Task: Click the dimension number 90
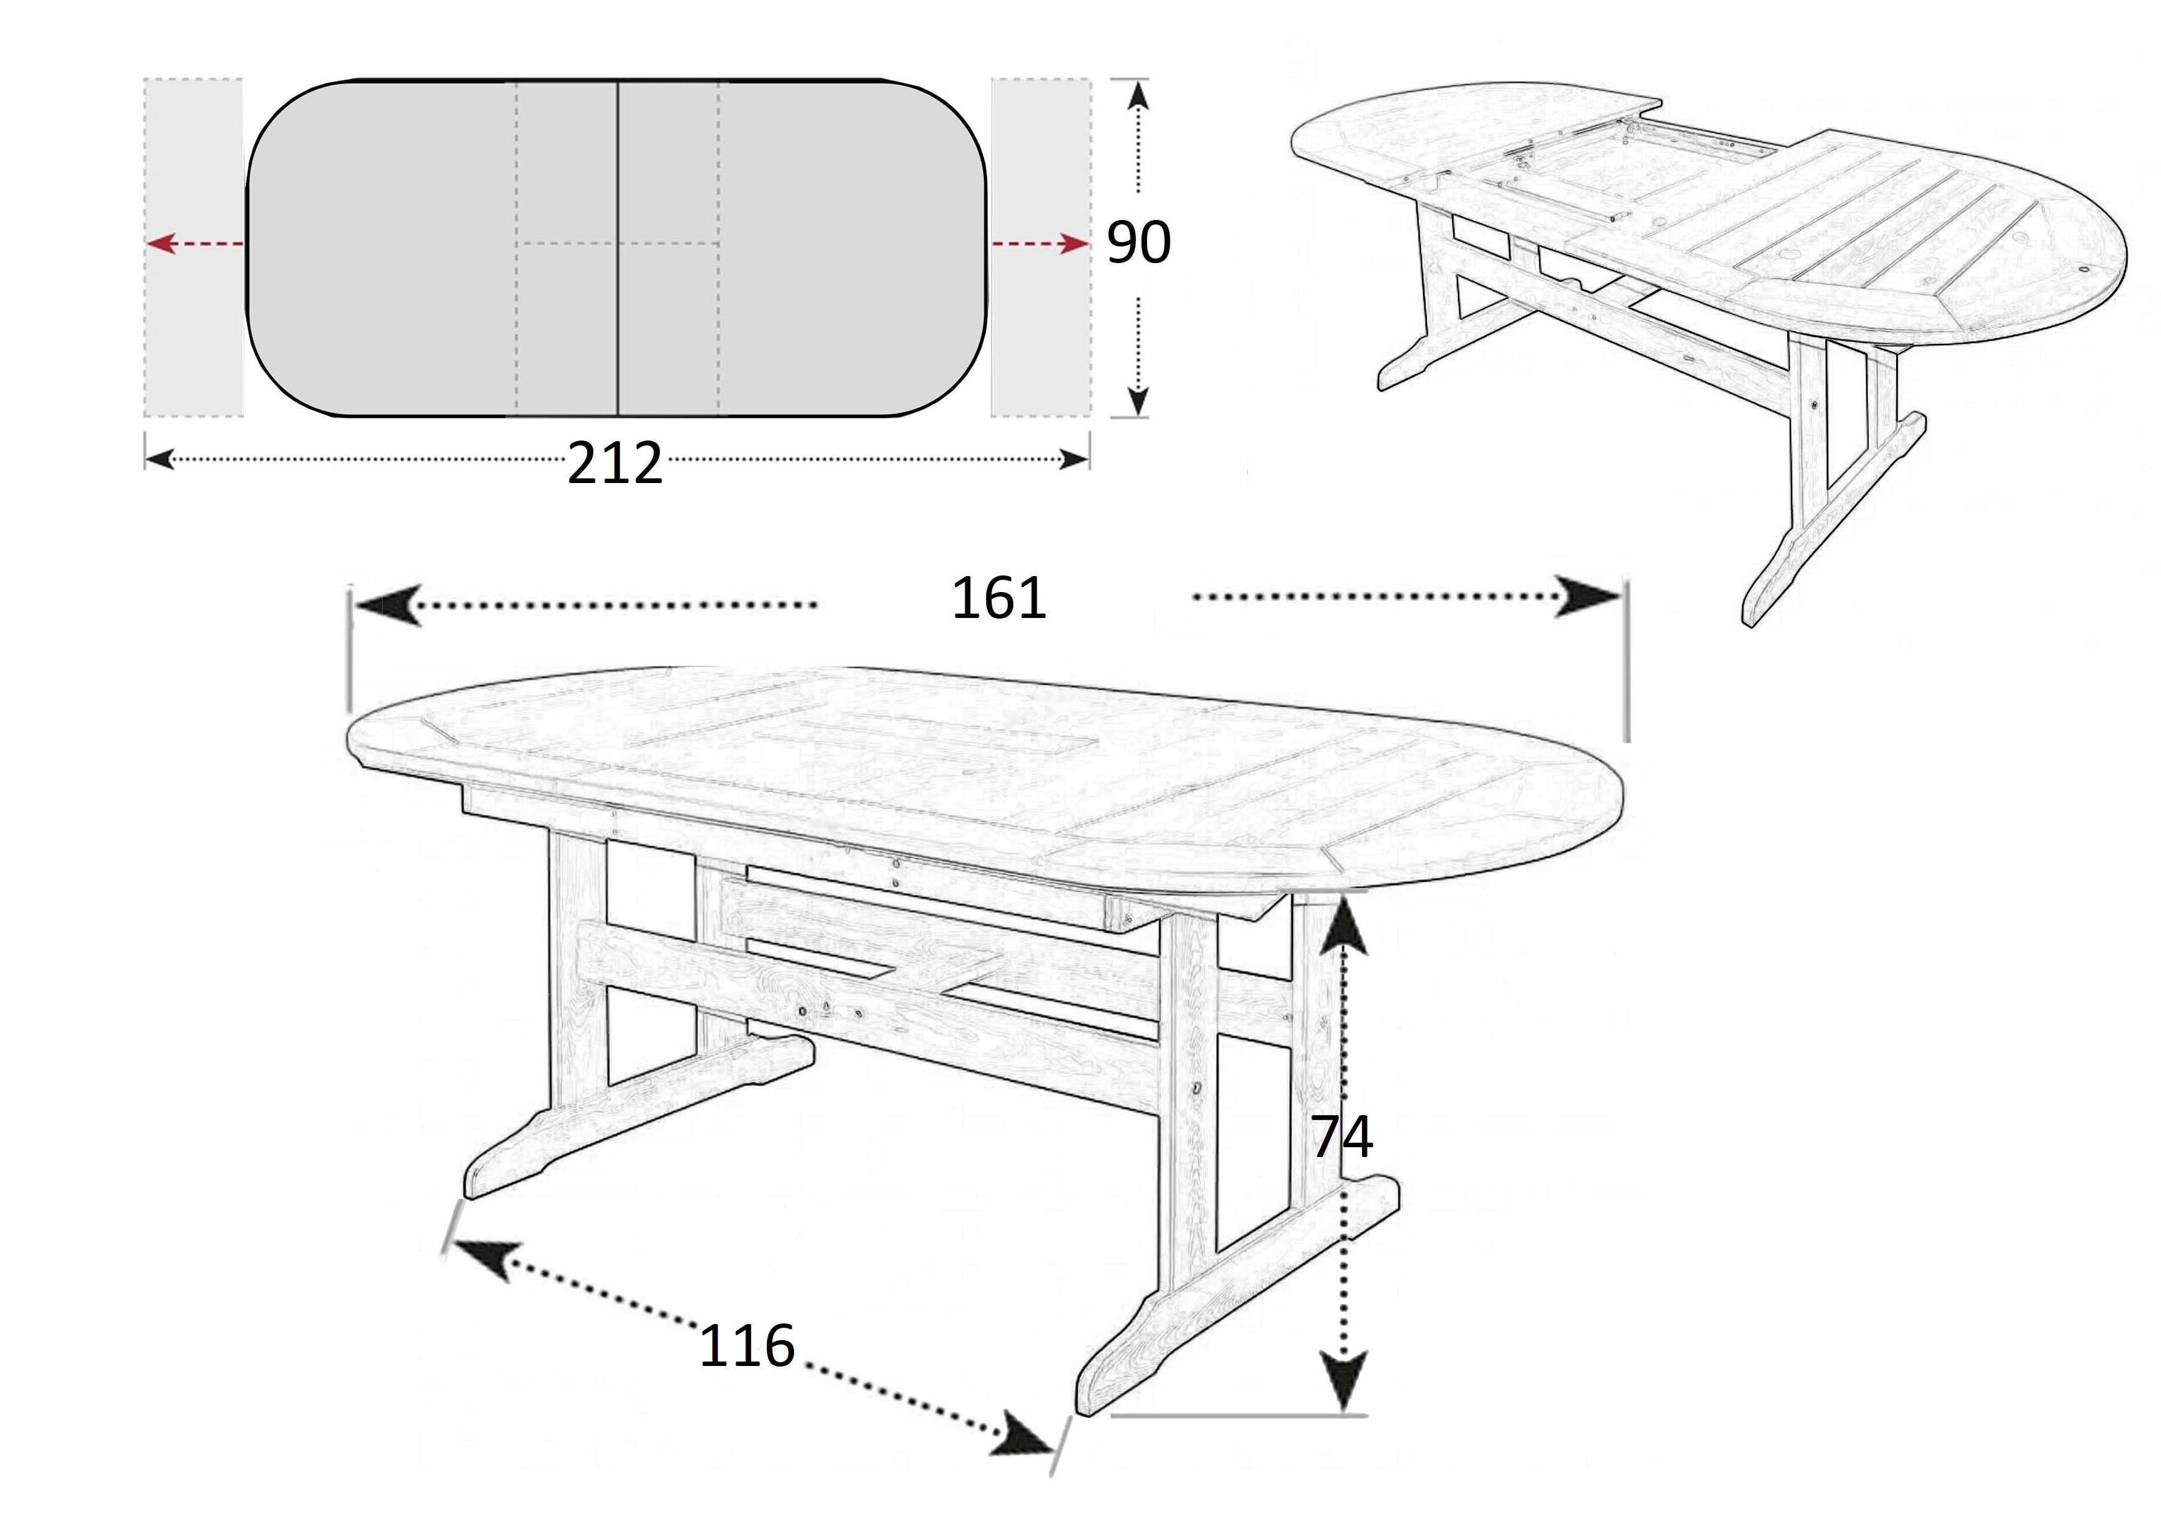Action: click(1138, 242)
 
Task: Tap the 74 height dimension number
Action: click(1342, 1137)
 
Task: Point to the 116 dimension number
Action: click(747, 1346)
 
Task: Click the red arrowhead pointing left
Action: click(162, 244)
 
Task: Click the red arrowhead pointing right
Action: click(1074, 244)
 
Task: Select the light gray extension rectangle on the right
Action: click(1041, 248)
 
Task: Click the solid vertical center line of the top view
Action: click(617, 248)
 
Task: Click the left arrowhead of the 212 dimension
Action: click(161, 460)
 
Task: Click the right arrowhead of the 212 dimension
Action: click(1074, 460)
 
